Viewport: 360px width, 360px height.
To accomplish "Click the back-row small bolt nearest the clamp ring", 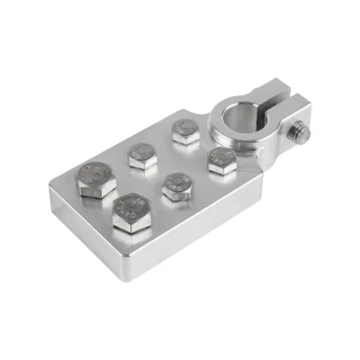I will [184, 132].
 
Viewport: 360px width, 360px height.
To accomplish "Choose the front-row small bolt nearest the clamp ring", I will [220, 162].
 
